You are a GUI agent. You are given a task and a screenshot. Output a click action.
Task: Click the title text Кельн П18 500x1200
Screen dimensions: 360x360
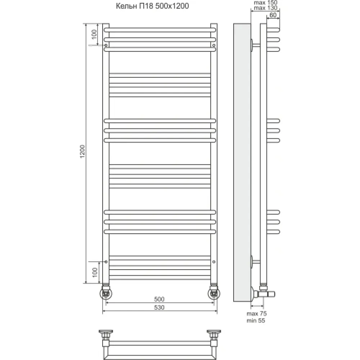click(x=152, y=6)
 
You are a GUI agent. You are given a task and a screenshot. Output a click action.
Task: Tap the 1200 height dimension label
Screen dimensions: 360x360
click(x=82, y=151)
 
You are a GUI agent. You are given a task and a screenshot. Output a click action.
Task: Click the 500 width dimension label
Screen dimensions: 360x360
click(x=159, y=299)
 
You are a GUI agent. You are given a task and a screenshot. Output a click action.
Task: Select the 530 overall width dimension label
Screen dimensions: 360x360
click(x=159, y=307)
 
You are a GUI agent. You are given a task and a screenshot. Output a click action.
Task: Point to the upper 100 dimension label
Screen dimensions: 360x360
click(x=94, y=35)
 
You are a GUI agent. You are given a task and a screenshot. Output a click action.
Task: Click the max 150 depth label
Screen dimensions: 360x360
click(x=266, y=3)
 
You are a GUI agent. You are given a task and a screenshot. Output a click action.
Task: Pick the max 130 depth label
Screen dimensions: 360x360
click(x=266, y=8)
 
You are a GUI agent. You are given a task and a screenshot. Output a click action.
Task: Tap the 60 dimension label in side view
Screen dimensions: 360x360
click(x=273, y=15)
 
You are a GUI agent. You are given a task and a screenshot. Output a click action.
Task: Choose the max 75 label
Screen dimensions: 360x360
click(x=257, y=314)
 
